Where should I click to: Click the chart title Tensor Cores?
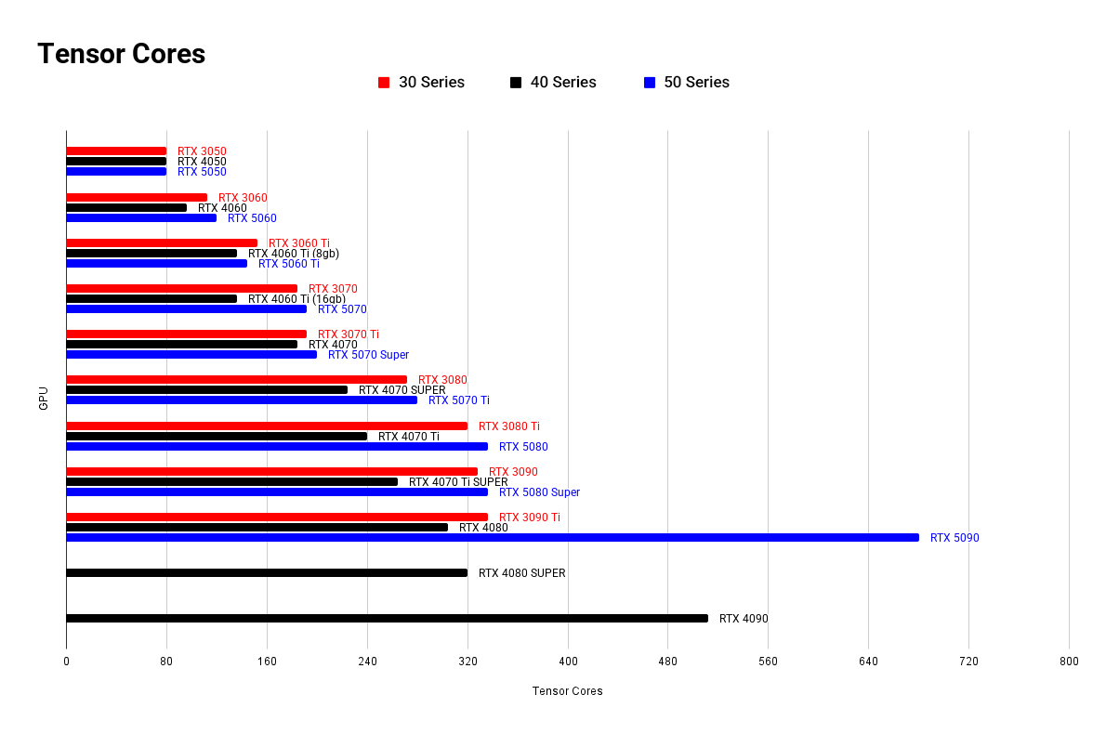click(x=121, y=54)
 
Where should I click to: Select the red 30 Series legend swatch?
click(x=384, y=83)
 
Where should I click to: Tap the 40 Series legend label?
click(x=563, y=83)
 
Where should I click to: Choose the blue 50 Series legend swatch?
click(x=650, y=83)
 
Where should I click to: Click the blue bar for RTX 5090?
click(x=492, y=537)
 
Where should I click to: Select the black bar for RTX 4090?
click(x=387, y=618)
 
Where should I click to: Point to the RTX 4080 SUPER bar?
click(x=267, y=572)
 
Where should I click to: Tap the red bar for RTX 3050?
click(x=116, y=151)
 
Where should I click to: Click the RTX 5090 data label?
click(x=955, y=538)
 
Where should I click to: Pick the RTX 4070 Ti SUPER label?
click(x=458, y=482)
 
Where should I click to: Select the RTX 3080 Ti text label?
click(x=508, y=426)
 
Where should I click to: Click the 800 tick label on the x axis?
click(x=1069, y=662)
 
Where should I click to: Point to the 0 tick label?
click(x=66, y=662)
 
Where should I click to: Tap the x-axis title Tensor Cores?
click(x=567, y=691)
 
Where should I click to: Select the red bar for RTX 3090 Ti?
click(x=277, y=517)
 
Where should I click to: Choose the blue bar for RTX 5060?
click(x=141, y=217)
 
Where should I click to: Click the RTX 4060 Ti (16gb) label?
click(x=296, y=299)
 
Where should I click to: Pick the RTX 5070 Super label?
click(x=368, y=355)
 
